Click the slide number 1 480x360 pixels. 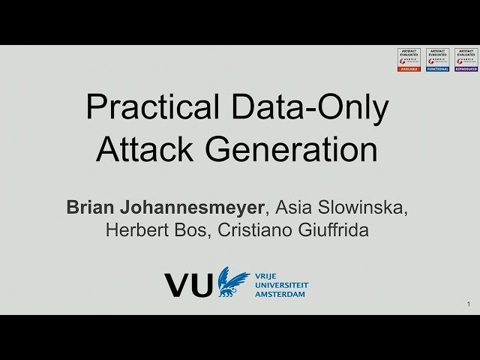[x=468, y=304]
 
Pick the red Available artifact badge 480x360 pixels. [x=408, y=59]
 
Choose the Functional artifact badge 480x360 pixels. [x=436, y=59]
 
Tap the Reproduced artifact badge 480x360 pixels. [x=465, y=59]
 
